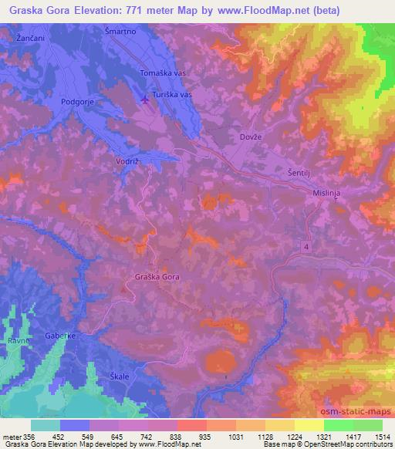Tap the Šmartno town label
coord(120,31)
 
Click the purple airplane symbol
coord(147,99)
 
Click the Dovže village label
coord(244,137)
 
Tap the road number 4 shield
coord(307,246)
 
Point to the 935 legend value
coord(204,437)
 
